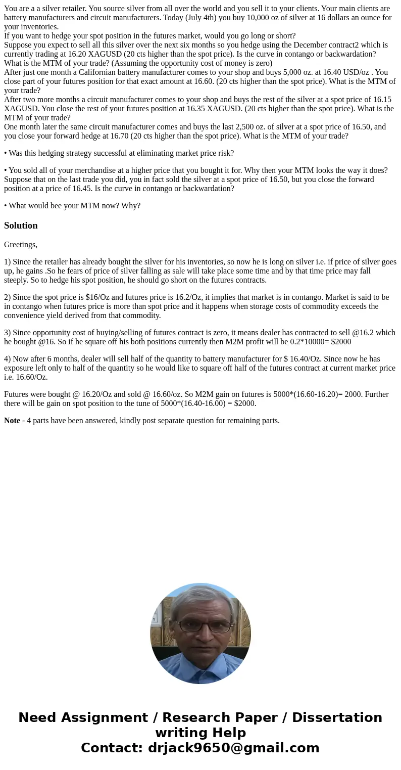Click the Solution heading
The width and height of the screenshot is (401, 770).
(21, 225)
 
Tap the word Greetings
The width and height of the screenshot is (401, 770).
(20, 245)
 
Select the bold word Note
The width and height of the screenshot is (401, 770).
(12, 421)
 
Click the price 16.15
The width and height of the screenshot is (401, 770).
(381, 100)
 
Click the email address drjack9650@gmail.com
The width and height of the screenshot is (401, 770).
(233, 748)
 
